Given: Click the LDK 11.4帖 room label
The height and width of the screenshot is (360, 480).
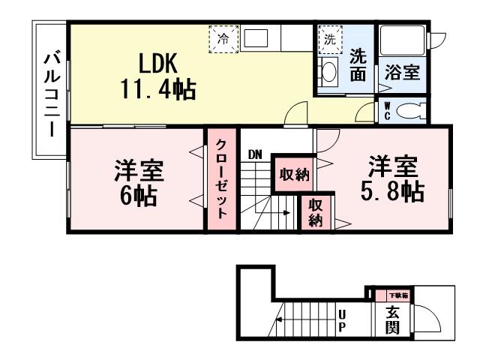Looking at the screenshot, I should coord(157,75).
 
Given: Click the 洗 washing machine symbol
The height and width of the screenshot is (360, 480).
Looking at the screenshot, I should coord(328,39).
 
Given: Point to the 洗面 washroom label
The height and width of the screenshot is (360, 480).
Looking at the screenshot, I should coord(358,64).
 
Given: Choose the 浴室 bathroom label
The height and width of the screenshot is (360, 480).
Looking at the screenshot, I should coord(402,73).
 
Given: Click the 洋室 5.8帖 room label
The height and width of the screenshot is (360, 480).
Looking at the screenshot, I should coord(391,178).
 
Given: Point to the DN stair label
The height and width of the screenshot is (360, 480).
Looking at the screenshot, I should coord(255,155).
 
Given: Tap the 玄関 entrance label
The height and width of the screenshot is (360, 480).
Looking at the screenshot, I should coord(392,320).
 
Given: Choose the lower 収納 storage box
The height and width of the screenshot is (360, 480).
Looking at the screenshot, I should coord(315,212).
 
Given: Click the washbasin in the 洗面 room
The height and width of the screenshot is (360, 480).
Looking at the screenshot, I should coord(329,72).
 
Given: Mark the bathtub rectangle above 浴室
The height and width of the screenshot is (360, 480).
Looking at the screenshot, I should coord(401,41).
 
